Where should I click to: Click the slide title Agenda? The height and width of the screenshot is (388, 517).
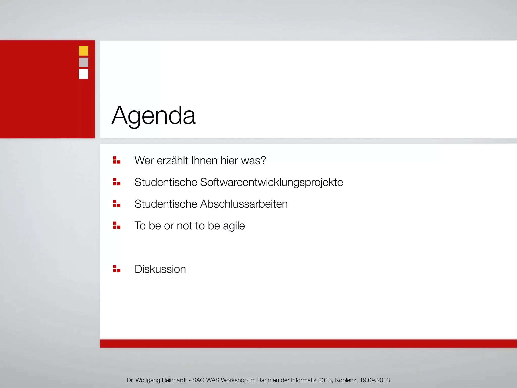[x=153, y=116]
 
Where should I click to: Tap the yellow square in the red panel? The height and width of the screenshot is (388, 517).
[x=84, y=51]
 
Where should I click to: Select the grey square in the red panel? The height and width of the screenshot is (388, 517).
[x=84, y=62]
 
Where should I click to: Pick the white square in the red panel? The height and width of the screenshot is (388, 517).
[x=84, y=74]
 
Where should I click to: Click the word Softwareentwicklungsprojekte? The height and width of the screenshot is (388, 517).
[x=271, y=182]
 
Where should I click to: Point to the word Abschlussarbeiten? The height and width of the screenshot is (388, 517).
[x=244, y=204]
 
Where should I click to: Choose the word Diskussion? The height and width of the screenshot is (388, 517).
[x=160, y=269]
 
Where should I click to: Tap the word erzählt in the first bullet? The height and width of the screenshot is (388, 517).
[x=172, y=161]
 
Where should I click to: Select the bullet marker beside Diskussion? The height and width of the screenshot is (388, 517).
[x=117, y=269]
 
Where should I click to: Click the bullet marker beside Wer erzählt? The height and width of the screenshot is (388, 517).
[x=117, y=160]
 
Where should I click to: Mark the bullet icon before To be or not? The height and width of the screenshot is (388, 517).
[x=117, y=225]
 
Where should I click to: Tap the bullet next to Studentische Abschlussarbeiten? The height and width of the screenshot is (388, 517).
[x=117, y=204]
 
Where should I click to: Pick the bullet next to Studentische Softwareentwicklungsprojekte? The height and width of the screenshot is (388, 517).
[x=117, y=182]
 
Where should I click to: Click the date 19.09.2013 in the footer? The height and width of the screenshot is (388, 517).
[x=375, y=380]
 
